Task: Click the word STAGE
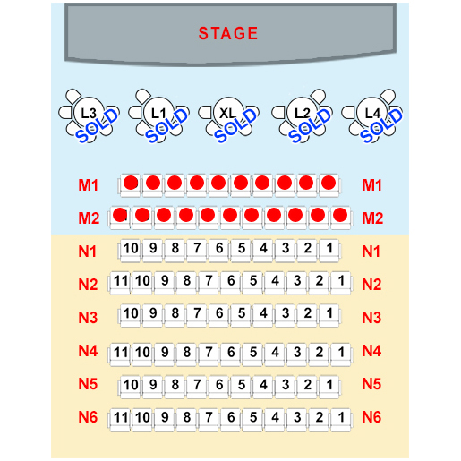228,33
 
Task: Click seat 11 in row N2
121,282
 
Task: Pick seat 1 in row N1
329,250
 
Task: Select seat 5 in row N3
242,315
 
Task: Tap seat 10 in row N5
131,386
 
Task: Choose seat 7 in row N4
209,354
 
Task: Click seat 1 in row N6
341,419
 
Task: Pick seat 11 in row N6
121,419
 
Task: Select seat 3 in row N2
297,282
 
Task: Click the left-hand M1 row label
88,185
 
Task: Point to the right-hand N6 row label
371,417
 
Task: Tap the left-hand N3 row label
88,317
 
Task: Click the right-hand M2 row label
372,218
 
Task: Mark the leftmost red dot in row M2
120,215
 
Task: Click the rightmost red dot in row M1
329,183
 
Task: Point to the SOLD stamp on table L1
166,125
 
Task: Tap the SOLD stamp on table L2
310,125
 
